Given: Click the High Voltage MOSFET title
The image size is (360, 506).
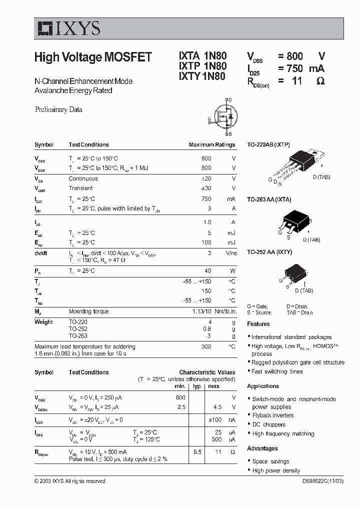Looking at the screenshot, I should (x=93, y=57).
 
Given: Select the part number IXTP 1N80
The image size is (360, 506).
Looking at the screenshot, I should (x=202, y=66).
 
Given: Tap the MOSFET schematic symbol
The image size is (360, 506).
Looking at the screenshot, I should (x=223, y=117).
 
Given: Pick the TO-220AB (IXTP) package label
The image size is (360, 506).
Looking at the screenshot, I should (x=268, y=144).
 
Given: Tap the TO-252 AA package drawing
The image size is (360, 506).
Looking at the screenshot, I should (x=292, y=274).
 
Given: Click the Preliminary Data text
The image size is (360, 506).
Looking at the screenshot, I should (x=58, y=109).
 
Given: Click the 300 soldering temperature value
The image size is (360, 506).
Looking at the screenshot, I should (x=206, y=346).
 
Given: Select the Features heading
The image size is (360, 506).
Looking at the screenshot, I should (x=258, y=324).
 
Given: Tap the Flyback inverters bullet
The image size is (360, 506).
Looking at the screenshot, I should (x=272, y=415).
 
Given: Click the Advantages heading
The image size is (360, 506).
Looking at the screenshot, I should (x=262, y=448).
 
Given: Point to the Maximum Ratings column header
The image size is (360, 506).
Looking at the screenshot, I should (x=211, y=144).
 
